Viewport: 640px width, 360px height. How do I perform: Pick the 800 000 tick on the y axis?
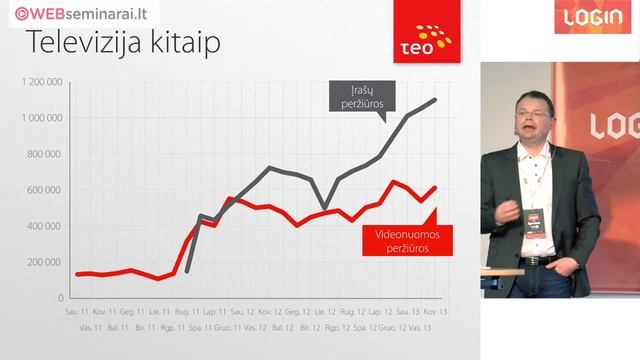click(46, 154)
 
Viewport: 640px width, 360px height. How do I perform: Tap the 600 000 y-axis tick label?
click(46, 190)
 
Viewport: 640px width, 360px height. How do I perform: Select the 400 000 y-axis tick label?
click(46, 226)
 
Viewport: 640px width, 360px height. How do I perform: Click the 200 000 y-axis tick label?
click(46, 262)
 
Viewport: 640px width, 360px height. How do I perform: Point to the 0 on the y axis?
click(61, 298)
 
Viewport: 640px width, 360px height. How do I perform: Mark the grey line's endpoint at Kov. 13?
click(435, 100)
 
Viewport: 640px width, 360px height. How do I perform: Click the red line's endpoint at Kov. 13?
click(435, 187)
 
